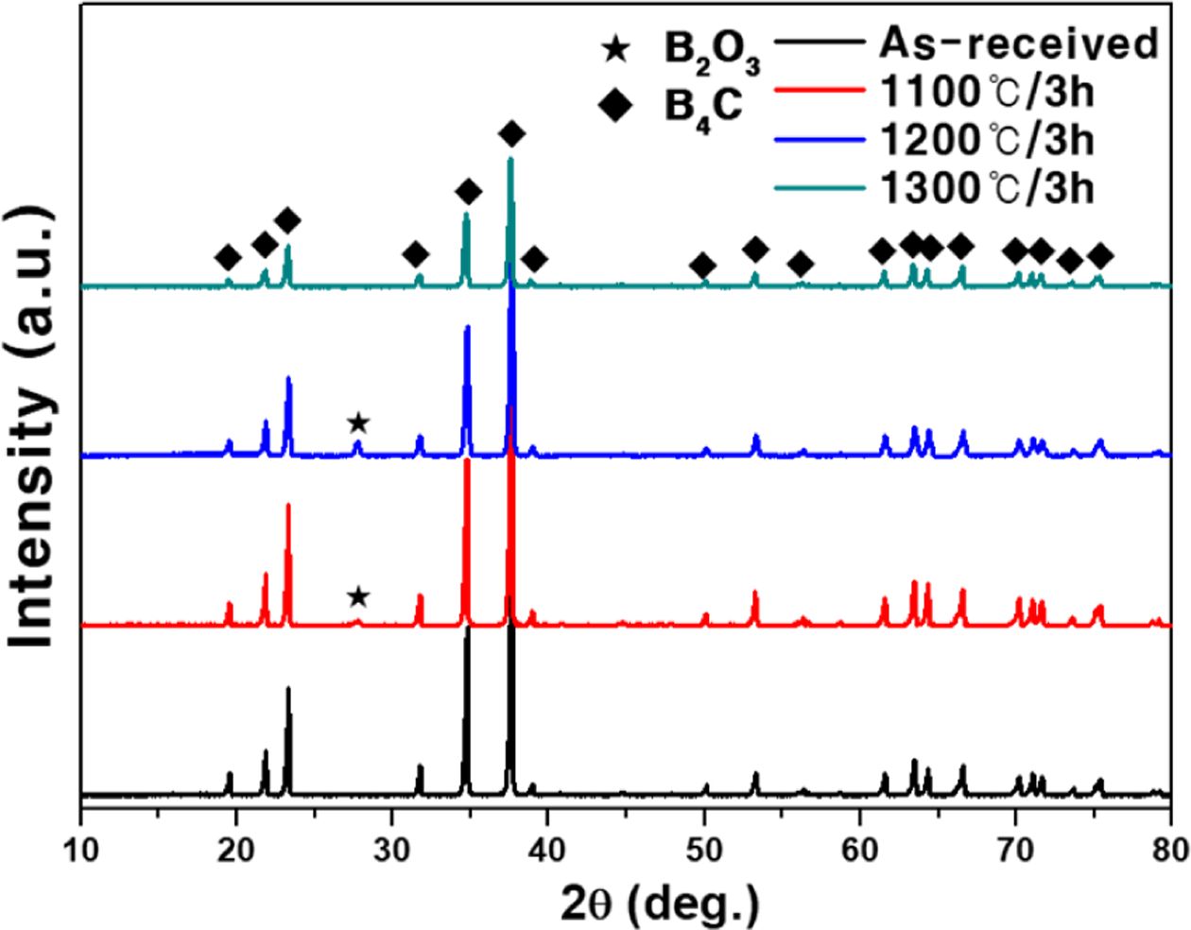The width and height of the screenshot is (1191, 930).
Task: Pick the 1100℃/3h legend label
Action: [x=987, y=92]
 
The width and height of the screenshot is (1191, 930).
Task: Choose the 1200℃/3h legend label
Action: [x=987, y=140]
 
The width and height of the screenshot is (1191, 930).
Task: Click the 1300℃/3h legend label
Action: [x=987, y=189]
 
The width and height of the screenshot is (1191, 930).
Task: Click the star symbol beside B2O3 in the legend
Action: [x=616, y=48]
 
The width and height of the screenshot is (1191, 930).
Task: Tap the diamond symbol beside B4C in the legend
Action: [x=616, y=106]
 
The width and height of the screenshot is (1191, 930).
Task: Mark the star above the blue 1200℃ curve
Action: [x=357, y=422]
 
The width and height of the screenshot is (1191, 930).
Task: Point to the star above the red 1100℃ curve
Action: [x=357, y=596]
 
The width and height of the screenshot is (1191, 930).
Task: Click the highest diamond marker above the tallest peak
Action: [x=511, y=134]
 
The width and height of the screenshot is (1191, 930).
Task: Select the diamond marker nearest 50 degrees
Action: [x=702, y=265]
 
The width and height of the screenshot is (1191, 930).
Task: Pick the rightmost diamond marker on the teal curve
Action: [x=1100, y=256]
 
